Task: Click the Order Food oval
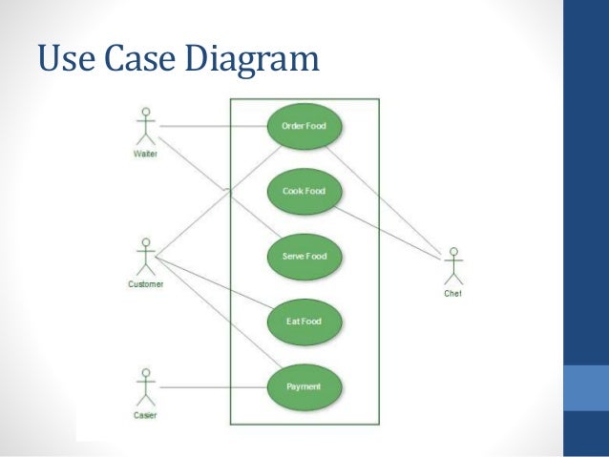pos(304,126)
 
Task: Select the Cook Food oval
pos(304,191)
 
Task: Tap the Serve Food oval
pos(304,256)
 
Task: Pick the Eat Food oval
pos(304,321)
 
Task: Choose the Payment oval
pos(304,386)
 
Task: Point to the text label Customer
pos(146,284)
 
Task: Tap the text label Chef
pos(453,294)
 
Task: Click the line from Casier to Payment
pos(212,387)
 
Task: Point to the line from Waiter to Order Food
pos(212,126)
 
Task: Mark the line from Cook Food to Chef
pos(387,229)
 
